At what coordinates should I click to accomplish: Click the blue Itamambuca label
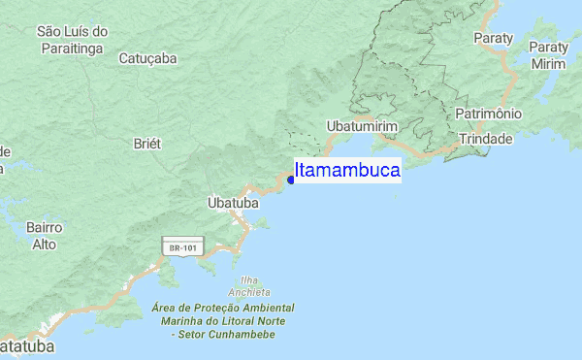pyautogui.click(x=347, y=171)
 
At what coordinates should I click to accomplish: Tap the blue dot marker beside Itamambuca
pyautogui.click(x=291, y=180)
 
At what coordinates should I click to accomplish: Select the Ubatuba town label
pyautogui.click(x=233, y=204)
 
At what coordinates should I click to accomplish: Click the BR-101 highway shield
pyautogui.click(x=182, y=247)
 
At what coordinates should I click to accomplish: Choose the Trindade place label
pyautogui.click(x=485, y=139)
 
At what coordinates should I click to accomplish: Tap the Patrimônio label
pyautogui.click(x=489, y=114)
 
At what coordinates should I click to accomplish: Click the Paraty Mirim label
pyautogui.click(x=548, y=55)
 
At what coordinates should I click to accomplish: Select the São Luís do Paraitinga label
pyautogui.click(x=72, y=40)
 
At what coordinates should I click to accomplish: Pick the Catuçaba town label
pyautogui.click(x=147, y=58)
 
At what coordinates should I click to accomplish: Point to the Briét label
pyautogui.click(x=146, y=143)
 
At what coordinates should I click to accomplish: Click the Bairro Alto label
pyautogui.click(x=45, y=236)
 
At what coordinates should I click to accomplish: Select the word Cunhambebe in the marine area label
pyautogui.click(x=239, y=334)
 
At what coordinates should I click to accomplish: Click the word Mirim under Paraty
pyautogui.click(x=548, y=64)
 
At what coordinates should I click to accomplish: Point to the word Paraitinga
pyautogui.click(x=73, y=49)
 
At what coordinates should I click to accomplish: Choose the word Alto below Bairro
pyautogui.click(x=45, y=245)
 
